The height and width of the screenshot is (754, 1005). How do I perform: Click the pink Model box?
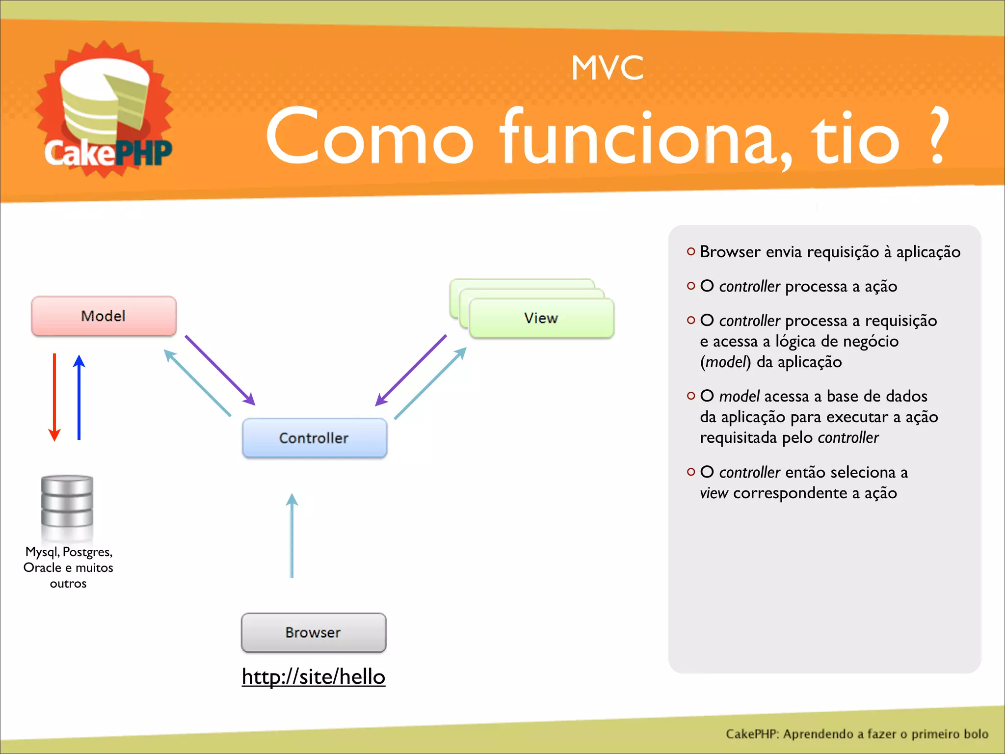[104, 316]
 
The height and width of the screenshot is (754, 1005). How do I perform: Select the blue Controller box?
[314, 437]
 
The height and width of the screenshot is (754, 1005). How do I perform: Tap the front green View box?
[541, 318]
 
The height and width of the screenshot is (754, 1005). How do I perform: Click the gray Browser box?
[313, 632]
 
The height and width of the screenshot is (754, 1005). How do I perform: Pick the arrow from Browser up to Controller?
[292, 535]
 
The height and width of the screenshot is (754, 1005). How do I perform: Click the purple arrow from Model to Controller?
[220, 370]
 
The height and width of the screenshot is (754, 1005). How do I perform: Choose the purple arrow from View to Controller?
[411, 370]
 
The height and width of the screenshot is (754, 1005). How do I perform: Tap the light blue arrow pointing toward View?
[430, 383]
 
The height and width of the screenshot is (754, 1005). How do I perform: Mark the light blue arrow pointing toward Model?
[197, 383]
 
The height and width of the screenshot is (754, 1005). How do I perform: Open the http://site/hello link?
[313, 676]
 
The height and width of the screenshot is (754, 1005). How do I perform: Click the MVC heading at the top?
[607, 68]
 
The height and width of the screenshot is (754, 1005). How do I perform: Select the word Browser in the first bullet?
[730, 252]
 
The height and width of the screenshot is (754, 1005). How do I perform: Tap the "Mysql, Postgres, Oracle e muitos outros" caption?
[68, 567]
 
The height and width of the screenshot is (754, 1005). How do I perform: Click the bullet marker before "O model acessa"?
[691, 396]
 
